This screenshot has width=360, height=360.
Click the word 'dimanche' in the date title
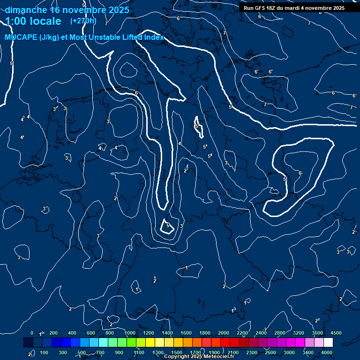[x=26, y=10]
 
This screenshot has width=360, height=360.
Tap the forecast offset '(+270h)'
[x=83, y=21]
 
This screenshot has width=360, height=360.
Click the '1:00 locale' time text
[x=33, y=21]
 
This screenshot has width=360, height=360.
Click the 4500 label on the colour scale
[x=336, y=333]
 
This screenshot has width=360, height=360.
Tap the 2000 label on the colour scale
[x=224, y=333]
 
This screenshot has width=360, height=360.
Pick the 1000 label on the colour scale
[x=130, y=333]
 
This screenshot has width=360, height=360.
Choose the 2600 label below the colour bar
[x=270, y=352]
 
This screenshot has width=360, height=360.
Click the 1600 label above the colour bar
[x=186, y=333]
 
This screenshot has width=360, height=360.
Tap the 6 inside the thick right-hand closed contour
[x=300, y=173]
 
